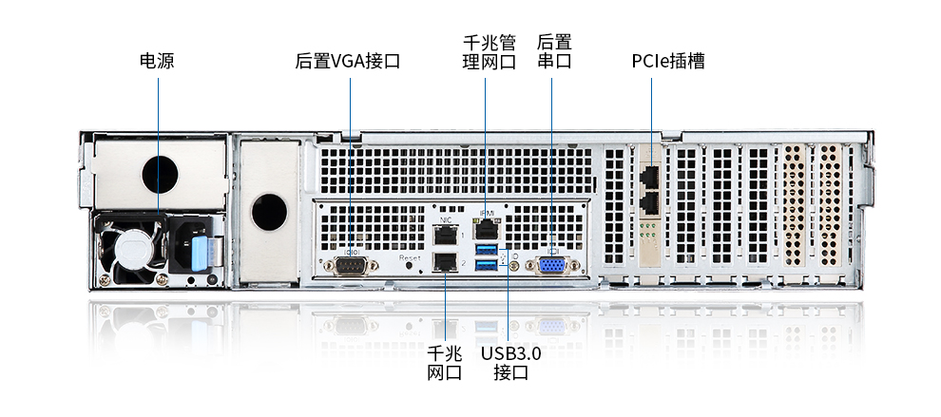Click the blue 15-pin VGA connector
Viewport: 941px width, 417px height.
[551, 266]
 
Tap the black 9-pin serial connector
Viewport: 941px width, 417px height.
[351, 265]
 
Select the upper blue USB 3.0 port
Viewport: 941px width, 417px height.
[486, 249]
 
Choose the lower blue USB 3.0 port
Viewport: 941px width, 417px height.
[486, 264]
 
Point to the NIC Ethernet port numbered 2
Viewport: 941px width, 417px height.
[445, 261]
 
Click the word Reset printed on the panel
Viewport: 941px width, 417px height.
[410, 257]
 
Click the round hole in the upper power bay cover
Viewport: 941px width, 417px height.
[160, 174]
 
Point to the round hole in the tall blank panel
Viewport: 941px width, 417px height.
[269, 212]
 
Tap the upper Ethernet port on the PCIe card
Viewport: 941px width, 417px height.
[649, 176]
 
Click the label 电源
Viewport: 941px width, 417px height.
[157, 61]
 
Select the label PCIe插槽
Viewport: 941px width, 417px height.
[668, 61]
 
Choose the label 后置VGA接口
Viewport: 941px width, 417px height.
[348, 61]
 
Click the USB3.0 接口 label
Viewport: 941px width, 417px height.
[510, 363]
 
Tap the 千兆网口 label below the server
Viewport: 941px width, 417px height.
[445, 363]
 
